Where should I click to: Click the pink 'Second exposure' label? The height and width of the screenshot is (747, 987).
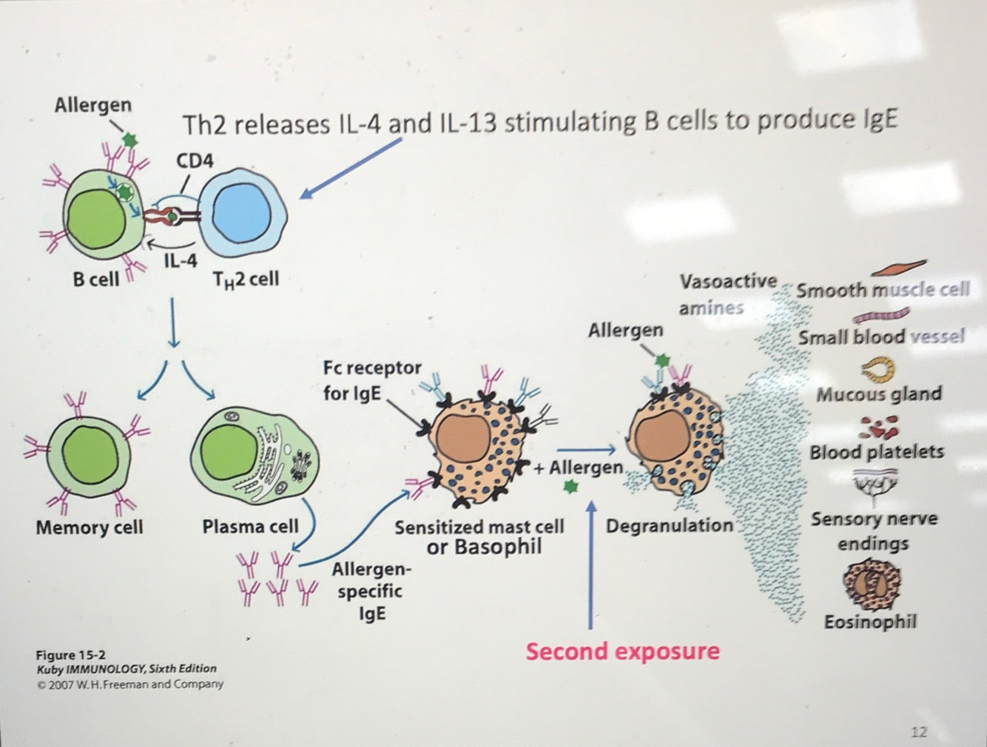[622, 652]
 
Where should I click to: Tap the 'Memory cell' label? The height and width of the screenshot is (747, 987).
[89, 527]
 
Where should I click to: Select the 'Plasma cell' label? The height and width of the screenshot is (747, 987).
[250, 527]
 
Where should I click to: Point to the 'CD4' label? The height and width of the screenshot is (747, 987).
[195, 160]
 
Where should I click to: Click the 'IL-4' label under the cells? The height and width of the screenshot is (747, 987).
[181, 261]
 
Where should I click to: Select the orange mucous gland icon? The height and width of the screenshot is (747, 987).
[878, 368]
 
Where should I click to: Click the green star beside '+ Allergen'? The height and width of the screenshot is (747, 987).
[569, 487]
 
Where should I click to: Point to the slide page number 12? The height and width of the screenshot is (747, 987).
[918, 731]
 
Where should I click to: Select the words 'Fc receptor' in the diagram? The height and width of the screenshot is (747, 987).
[372, 368]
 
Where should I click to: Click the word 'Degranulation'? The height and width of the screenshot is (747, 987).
[670, 526]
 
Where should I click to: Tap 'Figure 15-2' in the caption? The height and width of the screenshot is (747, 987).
[71, 655]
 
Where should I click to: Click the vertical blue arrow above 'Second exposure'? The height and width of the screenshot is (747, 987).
[590, 562]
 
